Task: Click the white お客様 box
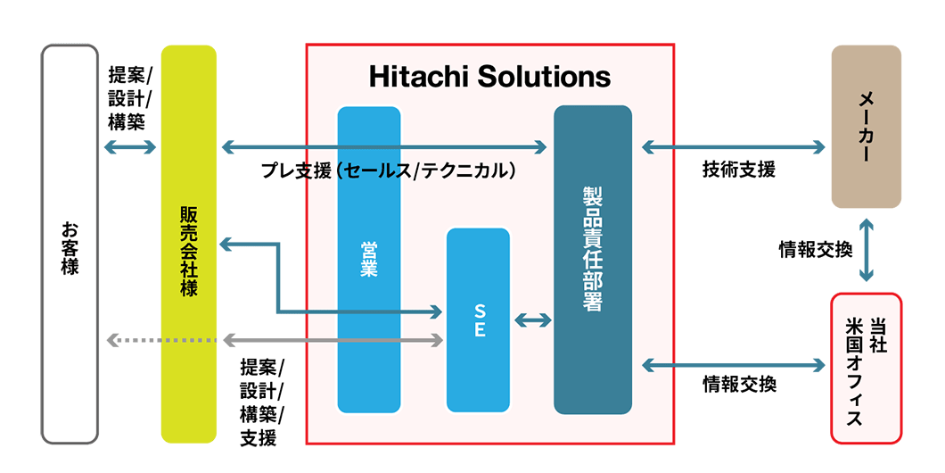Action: (x=70, y=244)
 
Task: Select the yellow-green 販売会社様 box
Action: (x=189, y=244)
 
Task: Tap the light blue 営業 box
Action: (x=369, y=259)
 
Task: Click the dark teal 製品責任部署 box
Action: (x=593, y=259)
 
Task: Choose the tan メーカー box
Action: (x=866, y=127)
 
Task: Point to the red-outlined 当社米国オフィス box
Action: (x=866, y=368)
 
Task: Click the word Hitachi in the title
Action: (x=420, y=77)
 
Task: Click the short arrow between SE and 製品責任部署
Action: (x=532, y=319)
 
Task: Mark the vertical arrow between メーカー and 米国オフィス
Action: (x=867, y=251)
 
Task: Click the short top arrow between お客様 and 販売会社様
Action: (x=130, y=146)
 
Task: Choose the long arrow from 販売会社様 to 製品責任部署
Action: (x=383, y=146)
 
